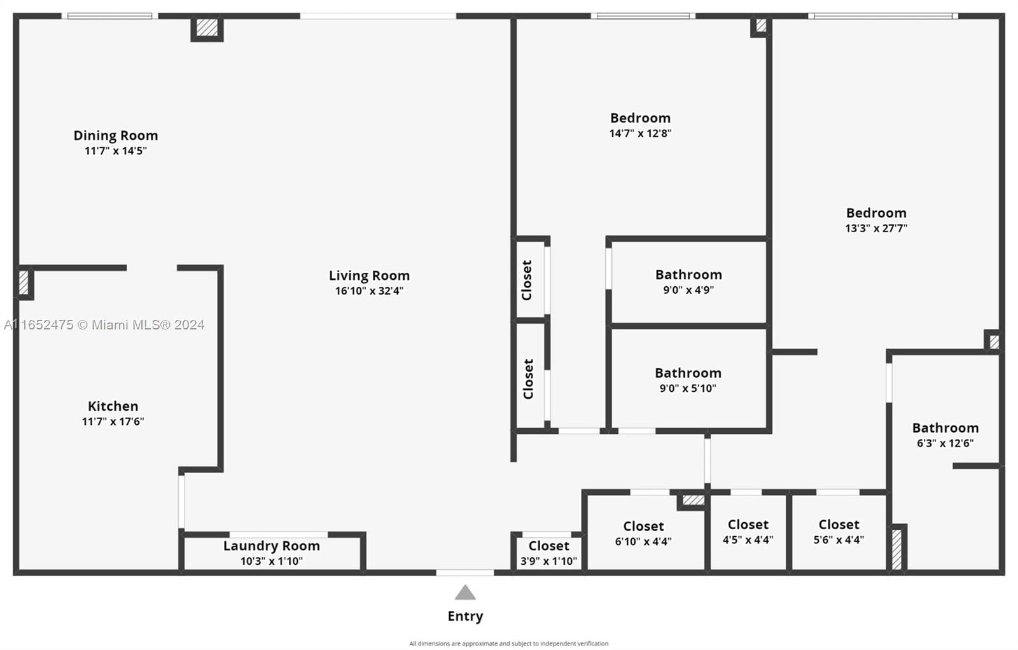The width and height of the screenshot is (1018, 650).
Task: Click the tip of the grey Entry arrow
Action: pos(465,585)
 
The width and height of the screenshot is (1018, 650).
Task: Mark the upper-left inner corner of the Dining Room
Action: pos(20,19)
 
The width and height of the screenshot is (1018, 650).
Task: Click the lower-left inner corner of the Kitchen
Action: pos(20,569)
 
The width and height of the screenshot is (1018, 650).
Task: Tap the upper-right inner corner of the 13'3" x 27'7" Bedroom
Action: pos(998,19)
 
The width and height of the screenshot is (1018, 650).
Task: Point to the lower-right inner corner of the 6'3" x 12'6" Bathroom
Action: pos(998,569)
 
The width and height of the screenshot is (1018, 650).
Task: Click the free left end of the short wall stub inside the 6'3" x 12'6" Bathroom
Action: pos(954,466)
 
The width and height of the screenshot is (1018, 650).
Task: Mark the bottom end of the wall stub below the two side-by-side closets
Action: pos(513,462)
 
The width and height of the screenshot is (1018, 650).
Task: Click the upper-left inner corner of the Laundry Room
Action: pos(185,538)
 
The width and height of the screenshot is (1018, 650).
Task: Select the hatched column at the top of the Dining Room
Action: pos(207,27)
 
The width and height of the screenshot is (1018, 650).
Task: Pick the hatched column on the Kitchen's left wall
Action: pos(24,282)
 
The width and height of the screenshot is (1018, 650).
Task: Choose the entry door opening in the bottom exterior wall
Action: pos(465,572)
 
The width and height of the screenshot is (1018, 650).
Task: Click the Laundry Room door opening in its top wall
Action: pos(279,535)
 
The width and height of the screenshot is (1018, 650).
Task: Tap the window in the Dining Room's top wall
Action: pos(109,16)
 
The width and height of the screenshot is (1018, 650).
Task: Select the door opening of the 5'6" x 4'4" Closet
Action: pos(837,492)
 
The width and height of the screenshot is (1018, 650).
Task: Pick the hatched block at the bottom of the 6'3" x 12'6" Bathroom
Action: pos(896,549)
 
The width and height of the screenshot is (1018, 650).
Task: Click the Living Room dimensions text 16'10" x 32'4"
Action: pos(370,291)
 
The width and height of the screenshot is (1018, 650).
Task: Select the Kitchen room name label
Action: pos(113,406)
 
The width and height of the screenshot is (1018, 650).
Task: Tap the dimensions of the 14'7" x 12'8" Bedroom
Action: pos(640,133)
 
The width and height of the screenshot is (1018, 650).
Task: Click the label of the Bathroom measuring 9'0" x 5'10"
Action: pos(688,373)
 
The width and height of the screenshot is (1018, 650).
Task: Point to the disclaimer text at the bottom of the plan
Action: pos(508,643)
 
